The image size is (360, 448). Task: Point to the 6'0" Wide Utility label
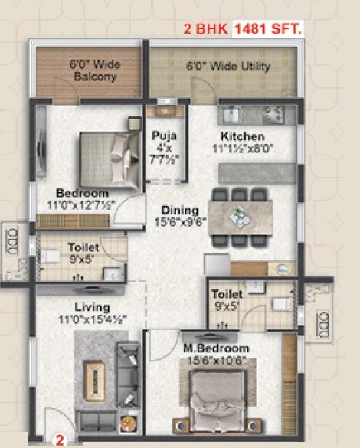point(228,67)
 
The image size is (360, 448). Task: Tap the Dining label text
point(181,211)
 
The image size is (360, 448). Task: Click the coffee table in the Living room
point(94,378)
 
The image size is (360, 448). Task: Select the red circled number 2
point(57,440)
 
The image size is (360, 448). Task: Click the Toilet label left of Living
point(82,247)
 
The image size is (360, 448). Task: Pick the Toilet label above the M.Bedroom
point(228,294)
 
